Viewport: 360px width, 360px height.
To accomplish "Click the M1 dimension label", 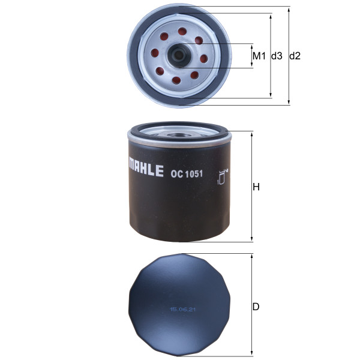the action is coord(259,56).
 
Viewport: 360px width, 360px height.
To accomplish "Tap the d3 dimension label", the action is coord(277,56).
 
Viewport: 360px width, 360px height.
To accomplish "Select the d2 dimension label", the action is coord(295,56).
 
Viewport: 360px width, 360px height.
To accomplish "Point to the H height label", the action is coord(256,187).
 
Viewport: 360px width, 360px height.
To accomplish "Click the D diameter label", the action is coord(256,307).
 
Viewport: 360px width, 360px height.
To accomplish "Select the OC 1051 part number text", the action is coord(187,174).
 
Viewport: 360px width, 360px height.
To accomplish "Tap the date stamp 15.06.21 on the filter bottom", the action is coord(182,310).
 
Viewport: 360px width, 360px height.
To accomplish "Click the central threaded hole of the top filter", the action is coord(178,55).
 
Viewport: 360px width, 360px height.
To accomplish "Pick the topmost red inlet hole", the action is coord(182,31).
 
